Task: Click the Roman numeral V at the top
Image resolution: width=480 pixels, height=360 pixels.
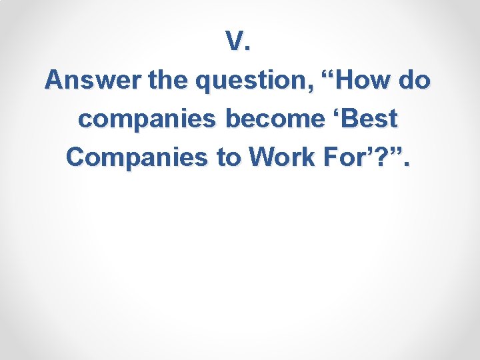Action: [x=235, y=42]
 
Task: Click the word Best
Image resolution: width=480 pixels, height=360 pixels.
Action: [x=369, y=119]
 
